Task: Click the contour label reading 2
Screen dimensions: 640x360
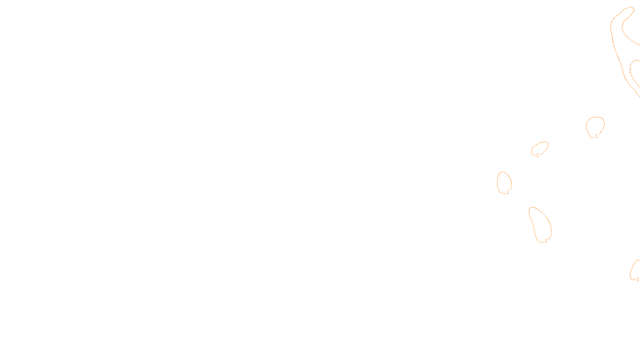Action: pos(630,71)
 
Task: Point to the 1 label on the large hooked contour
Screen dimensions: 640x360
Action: pos(613,41)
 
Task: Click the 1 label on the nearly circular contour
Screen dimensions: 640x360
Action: pos(596,136)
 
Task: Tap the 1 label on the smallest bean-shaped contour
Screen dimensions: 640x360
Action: pos(537,155)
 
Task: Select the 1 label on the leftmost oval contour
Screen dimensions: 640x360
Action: pos(508,192)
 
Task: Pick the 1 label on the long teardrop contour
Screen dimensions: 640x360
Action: pos(546,241)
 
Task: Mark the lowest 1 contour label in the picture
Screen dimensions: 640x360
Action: pos(638,279)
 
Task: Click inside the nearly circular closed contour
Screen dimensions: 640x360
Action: pos(595,126)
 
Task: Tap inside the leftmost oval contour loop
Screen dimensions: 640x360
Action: pos(504,182)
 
